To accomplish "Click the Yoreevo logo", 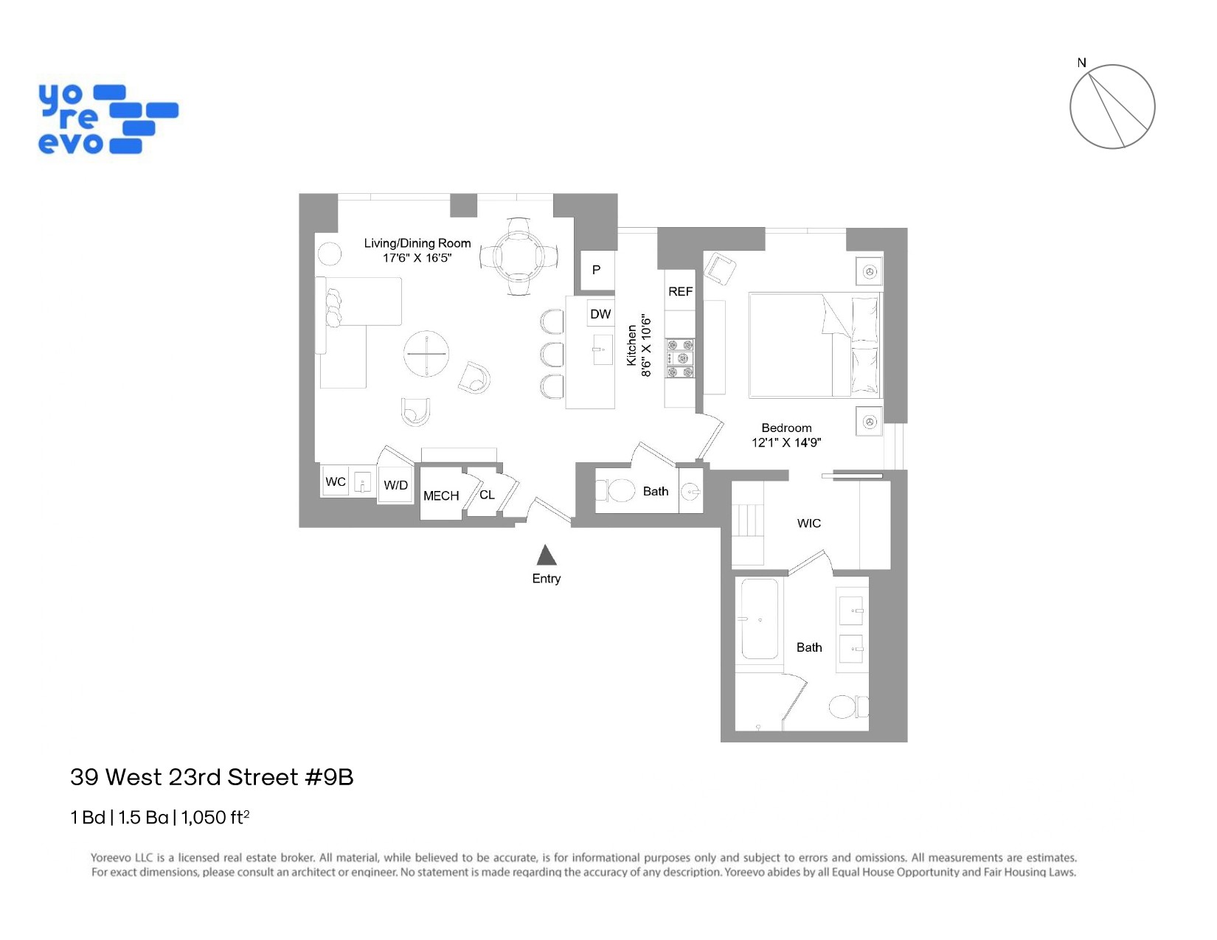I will (x=108, y=119).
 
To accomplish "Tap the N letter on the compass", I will (x=1081, y=63).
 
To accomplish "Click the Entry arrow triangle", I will (x=546, y=555).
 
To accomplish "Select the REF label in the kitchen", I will (x=680, y=292).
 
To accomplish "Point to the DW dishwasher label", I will (x=600, y=314).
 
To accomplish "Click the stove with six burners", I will (x=680, y=358).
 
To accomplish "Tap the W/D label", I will (x=395, y=485).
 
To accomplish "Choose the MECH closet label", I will (x=441, y=496).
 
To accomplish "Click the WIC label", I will (x=808, y=523).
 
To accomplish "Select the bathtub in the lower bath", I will (x=759, y=619).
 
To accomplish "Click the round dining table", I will (x=519, y=257).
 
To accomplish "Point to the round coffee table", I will (x=426, y=354).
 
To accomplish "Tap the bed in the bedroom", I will (x=814, y=345).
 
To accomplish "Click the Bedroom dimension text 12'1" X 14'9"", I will (x=786, y=442).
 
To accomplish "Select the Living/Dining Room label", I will (x=417, y=243).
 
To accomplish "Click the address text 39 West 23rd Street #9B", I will (x=212, y=777).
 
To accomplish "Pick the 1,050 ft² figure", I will (x=215, y=817).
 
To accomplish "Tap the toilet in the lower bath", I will (x=847, y=707).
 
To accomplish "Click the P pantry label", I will (x=596, y=270).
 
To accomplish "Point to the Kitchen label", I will (x=631, y=345).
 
